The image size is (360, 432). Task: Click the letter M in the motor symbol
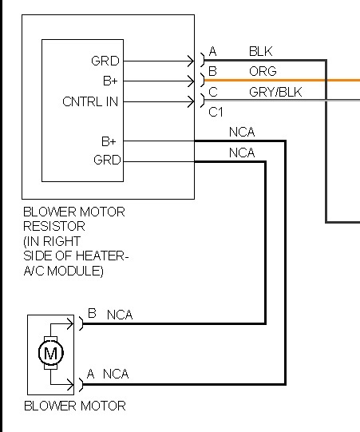click(x=50, y=353)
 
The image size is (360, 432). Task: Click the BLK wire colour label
click(x=260, y=52)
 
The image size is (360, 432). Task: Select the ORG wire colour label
click(x=263, y=71)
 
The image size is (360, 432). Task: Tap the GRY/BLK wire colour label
click(x=275, y=92)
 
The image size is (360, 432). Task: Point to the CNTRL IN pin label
click(x=90, y=101)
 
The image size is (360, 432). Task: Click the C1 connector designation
click(x=216, y=112)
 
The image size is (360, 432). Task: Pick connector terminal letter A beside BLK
click(x=212, y=51)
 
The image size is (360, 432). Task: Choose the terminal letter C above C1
click(x=213, y=92)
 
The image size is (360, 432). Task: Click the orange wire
click(x=282, y=80)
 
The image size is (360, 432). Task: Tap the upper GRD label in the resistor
click(x=105, y=61)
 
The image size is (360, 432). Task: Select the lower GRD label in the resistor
click(x=107, y=160)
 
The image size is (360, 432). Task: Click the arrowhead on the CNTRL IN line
click(x=191, y=102)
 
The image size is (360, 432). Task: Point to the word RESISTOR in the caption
click(x=54, y=227)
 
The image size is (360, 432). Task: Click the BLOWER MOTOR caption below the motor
click(x=75, y=406)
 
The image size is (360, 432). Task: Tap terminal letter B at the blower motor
click(x=92, y=313)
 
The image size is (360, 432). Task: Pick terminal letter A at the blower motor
click(x=91, y=374)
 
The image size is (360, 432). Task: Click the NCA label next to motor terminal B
click(x=120, y=315)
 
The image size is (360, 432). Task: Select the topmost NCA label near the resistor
click(x=242, y=133)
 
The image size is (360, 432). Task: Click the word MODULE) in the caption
click(x=76, y=271)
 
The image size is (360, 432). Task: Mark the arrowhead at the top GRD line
click(x=191, y=61)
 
